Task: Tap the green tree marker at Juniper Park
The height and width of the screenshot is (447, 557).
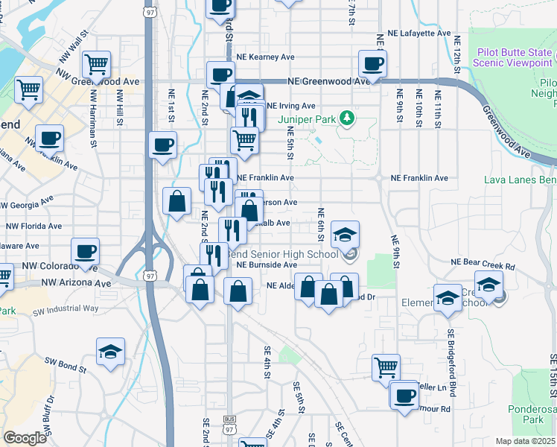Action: (x=346, y=118)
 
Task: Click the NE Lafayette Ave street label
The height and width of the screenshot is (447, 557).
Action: (x=414, y=34)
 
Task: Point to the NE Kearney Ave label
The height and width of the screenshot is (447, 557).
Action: (x=266, y=57)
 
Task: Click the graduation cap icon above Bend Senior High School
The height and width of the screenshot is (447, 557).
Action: (x=345, y=235)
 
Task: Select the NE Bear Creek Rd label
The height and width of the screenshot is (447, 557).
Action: (x=483, y=264)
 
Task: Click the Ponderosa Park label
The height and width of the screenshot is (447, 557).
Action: (x=532, y=414)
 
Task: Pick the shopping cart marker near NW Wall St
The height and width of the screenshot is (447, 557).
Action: (x=97, y=65)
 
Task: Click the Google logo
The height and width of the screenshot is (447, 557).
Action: (x=25, y=438)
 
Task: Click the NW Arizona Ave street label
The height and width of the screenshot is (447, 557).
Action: (x=76, y=283)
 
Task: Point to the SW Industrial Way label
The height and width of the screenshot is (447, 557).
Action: (x=71, y=308)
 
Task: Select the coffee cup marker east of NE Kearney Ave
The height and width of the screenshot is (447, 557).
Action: (x=372, y=63)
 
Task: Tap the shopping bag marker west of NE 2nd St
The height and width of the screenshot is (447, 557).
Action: (x=176, y=201)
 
